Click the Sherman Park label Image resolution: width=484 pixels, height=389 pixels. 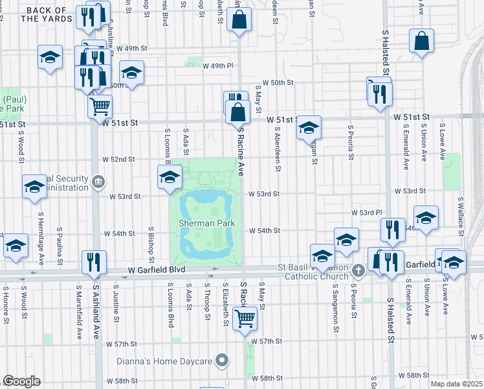click(x=206, y=224)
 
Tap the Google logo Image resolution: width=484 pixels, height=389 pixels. click(x=21, y=381)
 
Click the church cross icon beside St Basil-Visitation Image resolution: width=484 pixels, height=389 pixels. click(x=358, y=268)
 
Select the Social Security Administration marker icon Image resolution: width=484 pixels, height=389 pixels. click(x=97, y=181)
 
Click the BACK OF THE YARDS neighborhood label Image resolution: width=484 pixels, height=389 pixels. click(x=46, y=14)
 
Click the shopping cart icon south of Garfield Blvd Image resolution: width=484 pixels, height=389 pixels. click(x=245, y=318)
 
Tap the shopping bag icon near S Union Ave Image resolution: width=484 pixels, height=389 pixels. click(x=421, y=42)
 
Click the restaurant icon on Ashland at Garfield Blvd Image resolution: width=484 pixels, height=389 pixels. click(x=94, y=262)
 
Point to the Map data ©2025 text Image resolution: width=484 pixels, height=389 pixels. click(x=457, y=384)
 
